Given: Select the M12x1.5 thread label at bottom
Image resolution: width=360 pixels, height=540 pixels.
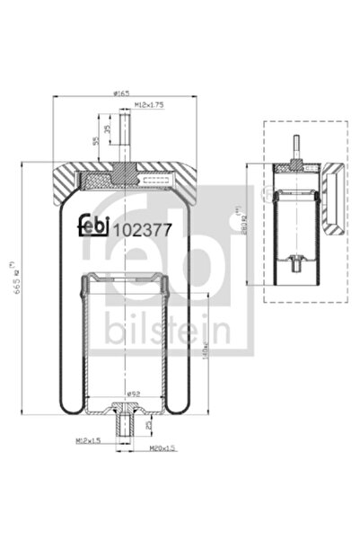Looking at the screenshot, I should point(86,441).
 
